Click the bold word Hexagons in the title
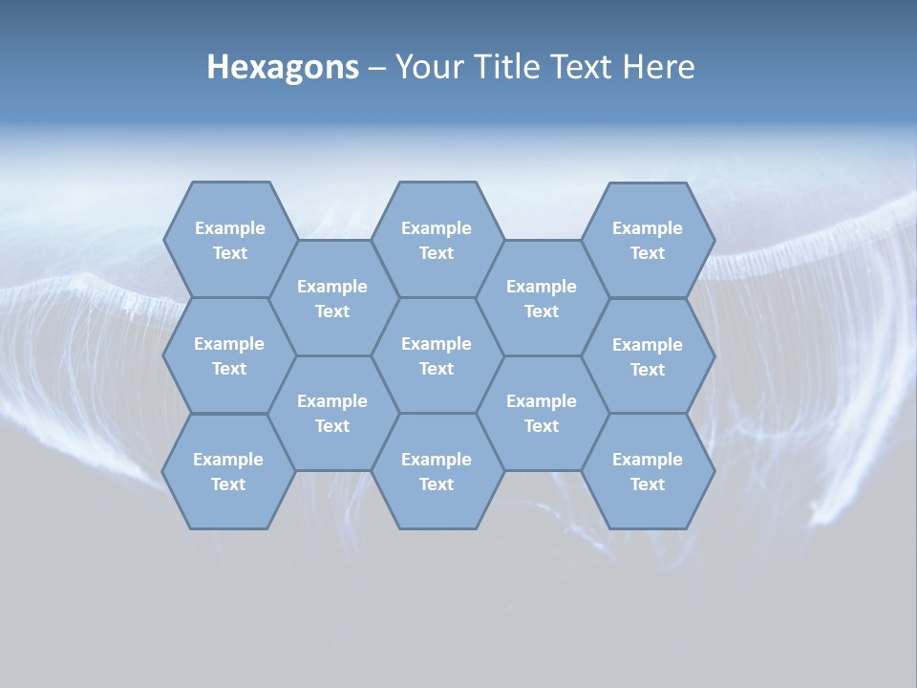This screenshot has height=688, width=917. tap(283, 68)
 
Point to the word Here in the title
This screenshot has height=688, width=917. tap(659, 68)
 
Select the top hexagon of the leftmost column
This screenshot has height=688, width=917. tap(229, 240)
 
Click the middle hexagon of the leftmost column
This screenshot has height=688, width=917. tap(229, 355)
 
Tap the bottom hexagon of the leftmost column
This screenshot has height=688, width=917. tap(228, 471)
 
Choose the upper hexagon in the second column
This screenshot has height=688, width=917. tap(332, 298)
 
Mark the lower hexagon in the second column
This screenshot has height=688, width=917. tap(332, 413)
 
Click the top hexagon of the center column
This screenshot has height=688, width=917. tap(437, 240)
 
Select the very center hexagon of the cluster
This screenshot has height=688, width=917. tap(437, 355)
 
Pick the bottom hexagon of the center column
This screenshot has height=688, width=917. tap(437, 471)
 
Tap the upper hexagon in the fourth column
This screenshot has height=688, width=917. tap(542, 298)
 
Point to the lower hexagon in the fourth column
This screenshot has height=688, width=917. tap(542, 413)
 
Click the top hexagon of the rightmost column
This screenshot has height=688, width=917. tap(648, 240)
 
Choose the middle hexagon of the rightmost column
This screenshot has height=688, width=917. tap(648, 356)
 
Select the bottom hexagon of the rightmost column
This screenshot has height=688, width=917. tap(648, 471)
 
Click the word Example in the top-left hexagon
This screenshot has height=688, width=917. tap(229, 228)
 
